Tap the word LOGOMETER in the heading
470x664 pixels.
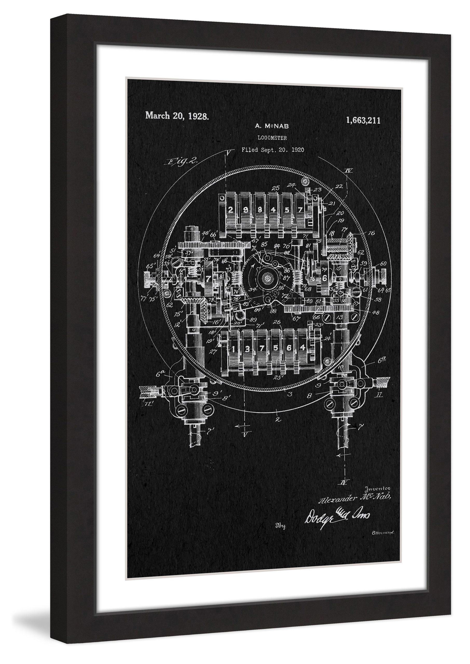tap(272, 138)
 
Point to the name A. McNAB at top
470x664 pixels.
tap(272, 126)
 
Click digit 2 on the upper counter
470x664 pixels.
tap(231, 210)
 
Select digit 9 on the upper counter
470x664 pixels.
tap(246, 210)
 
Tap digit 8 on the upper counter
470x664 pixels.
tap(260, 210)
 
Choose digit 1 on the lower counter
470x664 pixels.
tap(233, 349)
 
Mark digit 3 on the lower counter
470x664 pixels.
tap(247, 349)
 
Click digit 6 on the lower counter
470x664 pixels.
tap(289, 348)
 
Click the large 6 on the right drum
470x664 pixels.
tap(324, 278)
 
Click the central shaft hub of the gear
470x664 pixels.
tap(267, 279)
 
